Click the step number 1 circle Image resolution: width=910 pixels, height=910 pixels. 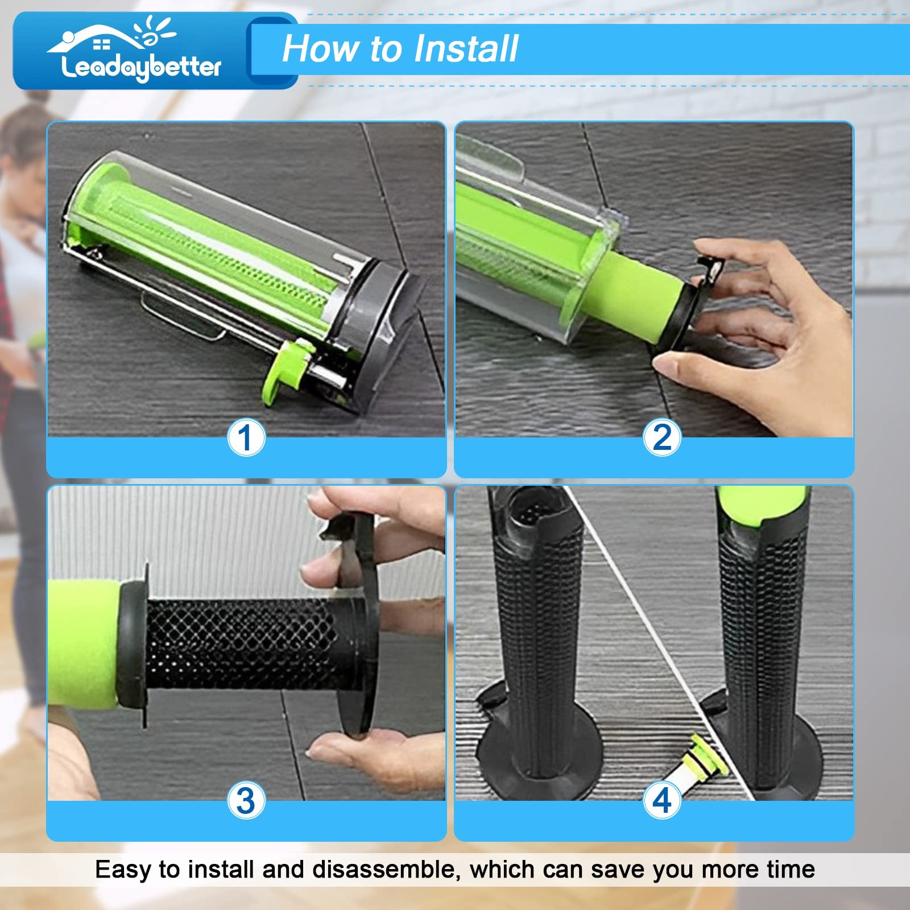[x=246, y=438]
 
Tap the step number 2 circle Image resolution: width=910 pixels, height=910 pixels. [x=662, y=438]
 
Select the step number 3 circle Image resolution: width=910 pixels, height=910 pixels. [x=246, y=800]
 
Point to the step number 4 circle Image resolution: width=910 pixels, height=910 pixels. [x=662, y=800]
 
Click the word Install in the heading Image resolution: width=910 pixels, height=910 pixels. [x=466, y=48]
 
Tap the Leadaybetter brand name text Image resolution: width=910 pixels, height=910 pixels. [x=140, y=68]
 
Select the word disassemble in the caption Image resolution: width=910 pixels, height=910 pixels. [x=384, y=870]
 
